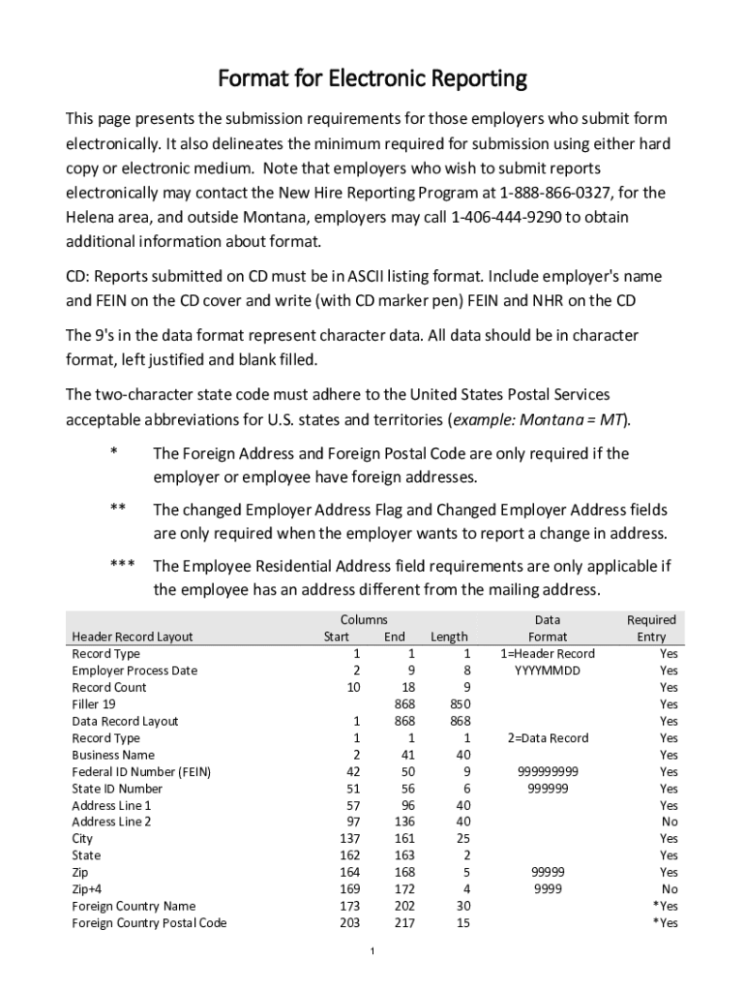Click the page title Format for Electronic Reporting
[x=372, y=77]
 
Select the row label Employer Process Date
[x=134, y=671]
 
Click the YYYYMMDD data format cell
[x=548, y=671]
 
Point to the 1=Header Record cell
[x=548, y=653]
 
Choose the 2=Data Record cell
[x=548, y=737]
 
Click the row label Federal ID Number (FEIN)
[x=141, y=771]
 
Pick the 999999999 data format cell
[x=548, y=771]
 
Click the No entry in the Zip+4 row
[x=669, y=889]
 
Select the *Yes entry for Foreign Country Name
[x=665, y=906]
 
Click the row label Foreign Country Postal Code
[x=149, y=923]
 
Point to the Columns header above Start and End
[x=364, y=619]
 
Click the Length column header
[x=449, y=637]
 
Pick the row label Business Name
[x=113, y=755]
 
